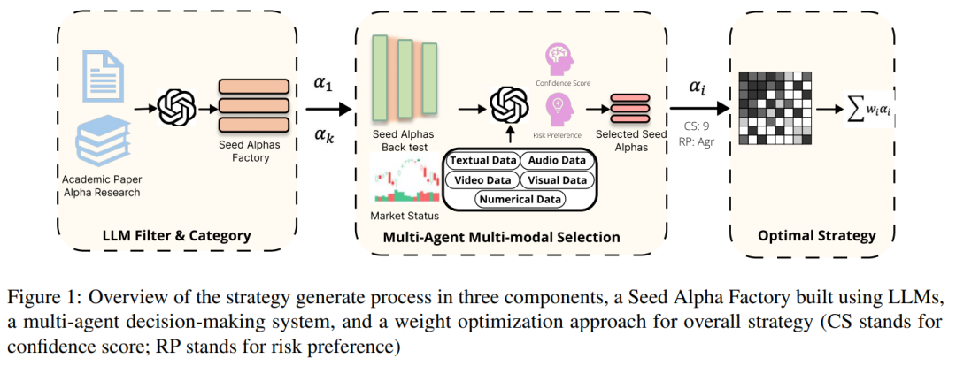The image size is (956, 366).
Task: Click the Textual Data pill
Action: [x=481, y=161]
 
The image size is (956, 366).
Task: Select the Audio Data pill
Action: [x=555, y=161]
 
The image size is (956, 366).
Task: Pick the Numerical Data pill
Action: [x=520, y=200]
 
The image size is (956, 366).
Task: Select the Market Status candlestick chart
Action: [x=405, y=180]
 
